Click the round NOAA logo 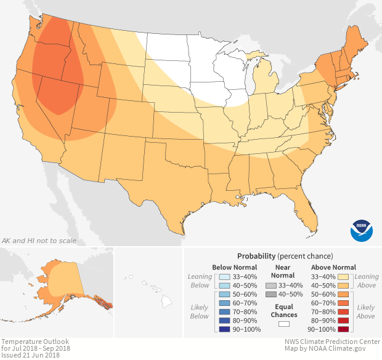[362, 230]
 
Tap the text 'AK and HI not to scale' [39, 241]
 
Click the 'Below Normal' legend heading [235, 267]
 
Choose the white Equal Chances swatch [284, 324]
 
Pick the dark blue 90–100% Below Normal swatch [225, 330]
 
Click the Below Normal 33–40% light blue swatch [225, 277]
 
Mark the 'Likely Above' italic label [365, 311]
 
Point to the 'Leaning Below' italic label [200, 281]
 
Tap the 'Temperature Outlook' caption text [35, 341]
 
